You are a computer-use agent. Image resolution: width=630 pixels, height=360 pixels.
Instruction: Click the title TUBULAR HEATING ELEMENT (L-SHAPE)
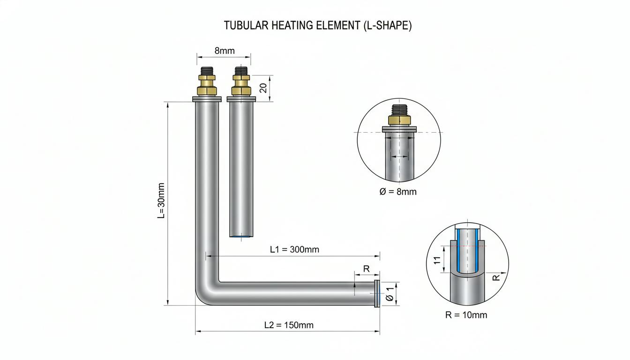coord(317,26)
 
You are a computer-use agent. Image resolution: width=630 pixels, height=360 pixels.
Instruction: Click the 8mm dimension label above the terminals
coord(225,51)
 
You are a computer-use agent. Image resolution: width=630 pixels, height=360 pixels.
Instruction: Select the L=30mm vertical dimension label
coord(161,201)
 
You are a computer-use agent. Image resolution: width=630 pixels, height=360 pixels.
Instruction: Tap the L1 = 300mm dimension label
coord(294,249)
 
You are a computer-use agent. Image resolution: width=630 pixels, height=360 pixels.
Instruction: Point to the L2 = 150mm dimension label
coord(289,325)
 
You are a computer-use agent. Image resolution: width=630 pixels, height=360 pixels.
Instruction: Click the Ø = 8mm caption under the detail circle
coord(397,192)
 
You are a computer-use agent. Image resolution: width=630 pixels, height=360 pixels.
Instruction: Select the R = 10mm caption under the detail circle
coord(466,315)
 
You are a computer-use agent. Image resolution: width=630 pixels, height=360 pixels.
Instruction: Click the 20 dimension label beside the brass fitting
coord(263,88)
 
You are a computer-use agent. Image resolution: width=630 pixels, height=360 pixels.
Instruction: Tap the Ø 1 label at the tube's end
coord(390,294)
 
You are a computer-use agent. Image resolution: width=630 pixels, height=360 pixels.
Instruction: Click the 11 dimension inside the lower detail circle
coord(437,260)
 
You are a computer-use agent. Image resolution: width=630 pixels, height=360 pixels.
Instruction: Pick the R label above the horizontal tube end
coord(366,269)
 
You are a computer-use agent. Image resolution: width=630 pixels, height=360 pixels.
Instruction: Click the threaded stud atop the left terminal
coord(207,71)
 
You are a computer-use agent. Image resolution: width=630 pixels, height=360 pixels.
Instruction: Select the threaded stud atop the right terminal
coord(241,71)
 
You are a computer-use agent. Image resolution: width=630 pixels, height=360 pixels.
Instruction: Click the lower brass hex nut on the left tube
coord(207,91)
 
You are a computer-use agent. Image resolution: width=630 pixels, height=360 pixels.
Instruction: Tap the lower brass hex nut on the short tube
coord(241,91)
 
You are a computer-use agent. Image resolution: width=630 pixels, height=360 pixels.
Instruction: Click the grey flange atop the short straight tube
coord(241,99)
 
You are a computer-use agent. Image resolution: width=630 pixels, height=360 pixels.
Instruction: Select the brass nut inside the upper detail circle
coord(399,120)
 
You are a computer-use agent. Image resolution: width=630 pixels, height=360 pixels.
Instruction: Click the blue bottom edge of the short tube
coord(241,236)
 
